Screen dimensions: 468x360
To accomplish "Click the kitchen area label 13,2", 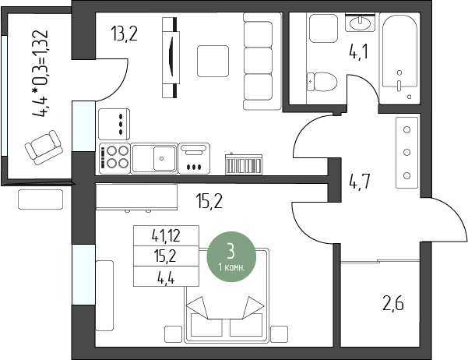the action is point(124,34).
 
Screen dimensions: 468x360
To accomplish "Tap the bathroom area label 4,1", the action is point(359,51).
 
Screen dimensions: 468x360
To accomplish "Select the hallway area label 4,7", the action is point(360,182).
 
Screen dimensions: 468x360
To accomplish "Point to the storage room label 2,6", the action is point(393,304).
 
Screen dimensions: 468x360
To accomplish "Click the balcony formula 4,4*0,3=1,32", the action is point(40,73).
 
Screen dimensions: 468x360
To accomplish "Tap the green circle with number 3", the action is point(231,256).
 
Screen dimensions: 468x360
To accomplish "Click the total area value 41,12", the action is point(166,236).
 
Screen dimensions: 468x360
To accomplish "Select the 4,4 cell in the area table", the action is point(166,277).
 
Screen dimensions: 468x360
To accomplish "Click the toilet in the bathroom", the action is point(322,82).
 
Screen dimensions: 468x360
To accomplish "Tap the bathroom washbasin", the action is point(360,23).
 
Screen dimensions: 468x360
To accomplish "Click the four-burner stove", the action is point(114,158).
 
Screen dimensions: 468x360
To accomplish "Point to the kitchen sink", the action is point(154,158).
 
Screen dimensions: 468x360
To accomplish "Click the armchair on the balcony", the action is point(44,147).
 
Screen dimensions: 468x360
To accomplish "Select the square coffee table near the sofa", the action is point(213,61).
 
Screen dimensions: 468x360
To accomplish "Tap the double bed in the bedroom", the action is point(227,295).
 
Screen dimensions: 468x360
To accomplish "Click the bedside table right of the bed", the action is point(280,334).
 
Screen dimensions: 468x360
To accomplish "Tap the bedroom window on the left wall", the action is point(83,274).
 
